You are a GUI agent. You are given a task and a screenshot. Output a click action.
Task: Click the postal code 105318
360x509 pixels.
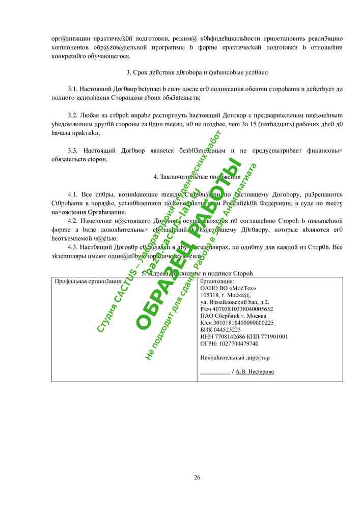(x=211, y=295)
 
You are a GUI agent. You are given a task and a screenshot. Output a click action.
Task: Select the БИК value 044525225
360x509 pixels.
(x=230, y=330)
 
